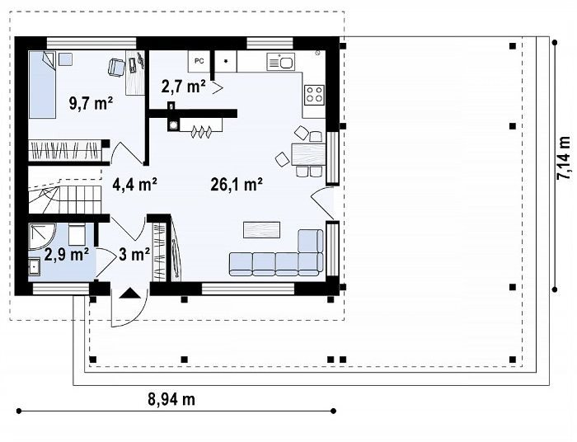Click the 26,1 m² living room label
click(x=237, y=185)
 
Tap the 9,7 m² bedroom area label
click(x=91, y=103)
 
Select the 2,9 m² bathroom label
click(x=66, y=254)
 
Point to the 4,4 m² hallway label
click(x=134, y=185)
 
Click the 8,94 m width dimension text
click(x=171, y=399)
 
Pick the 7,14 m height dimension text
click(x=563, y=158)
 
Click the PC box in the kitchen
click(x=199, y=61)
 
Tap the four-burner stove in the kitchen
click(x=315, y=93)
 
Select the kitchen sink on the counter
click(x=280, y=62)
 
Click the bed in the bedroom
click(x=42, y=84)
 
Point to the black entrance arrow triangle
click(x=129, y=293)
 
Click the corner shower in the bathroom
click(x=41, y=237)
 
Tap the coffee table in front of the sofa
click(x=261, y=229)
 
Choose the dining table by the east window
click(x=309, y=154)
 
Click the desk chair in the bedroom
click(x=117, y=68)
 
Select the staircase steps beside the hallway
click(x=65, y=199)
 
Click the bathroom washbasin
click(x=35, y=266)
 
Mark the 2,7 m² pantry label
click(x=183, y=87)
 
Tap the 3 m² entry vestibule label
click(x=134, y=254)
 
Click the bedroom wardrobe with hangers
click(x=65, y=150)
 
